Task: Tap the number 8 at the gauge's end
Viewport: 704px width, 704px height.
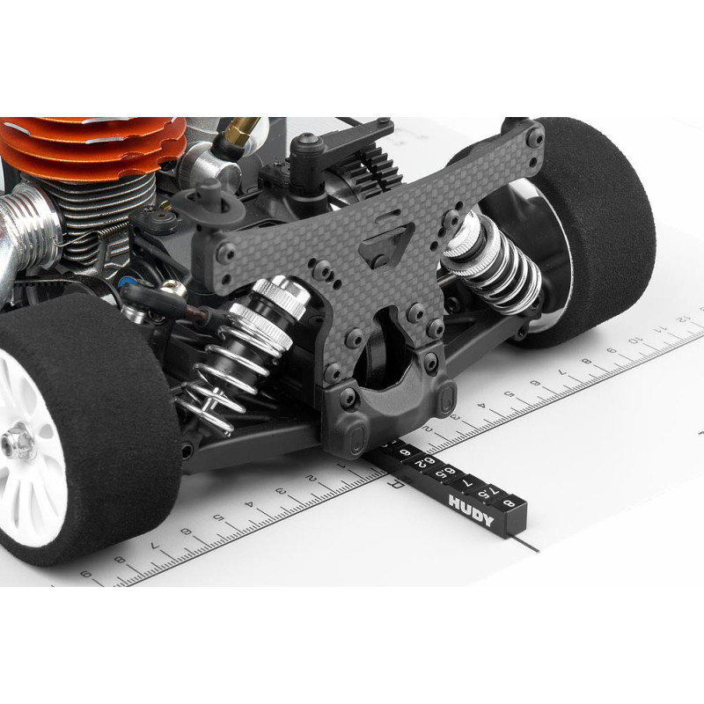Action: [510, 502]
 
